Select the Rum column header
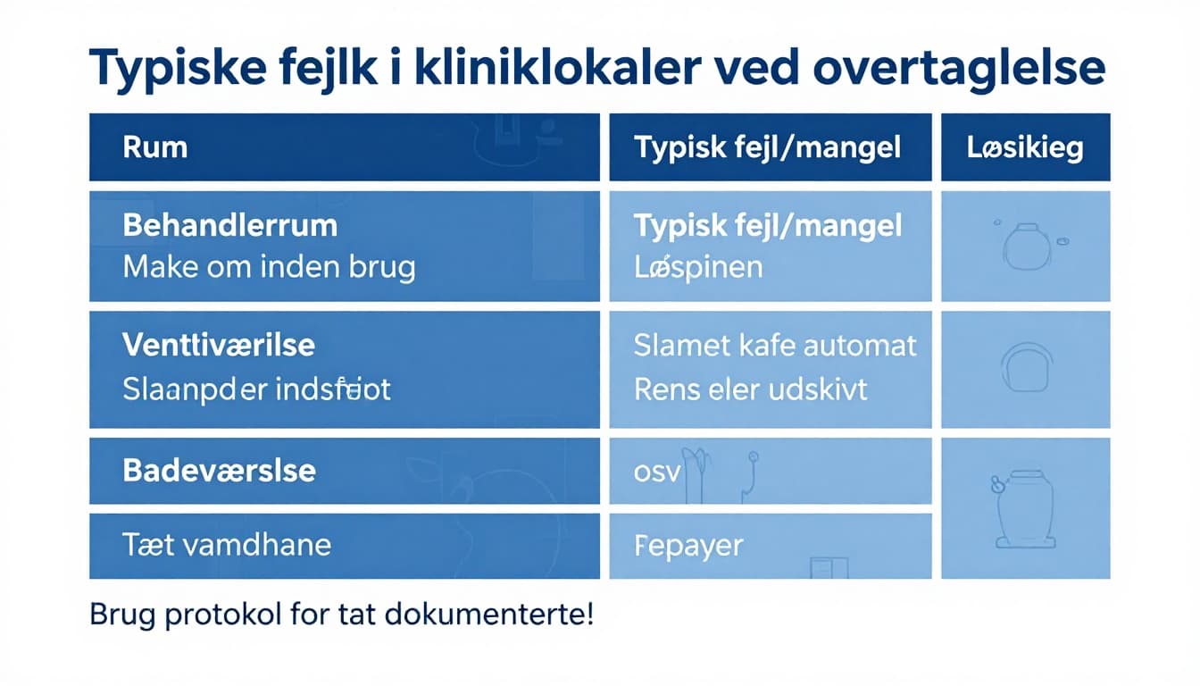(x=155, y=147)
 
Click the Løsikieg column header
(x=1025, y=147)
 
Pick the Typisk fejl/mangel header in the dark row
(x=767, y=147)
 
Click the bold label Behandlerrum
(x=229, y=225)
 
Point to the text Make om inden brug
(x=269, y=267)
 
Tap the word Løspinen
(x=698, y=267)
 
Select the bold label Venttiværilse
(x=219, y=346)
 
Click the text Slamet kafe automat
(x=775, y=346)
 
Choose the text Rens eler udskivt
(x=750, y=390)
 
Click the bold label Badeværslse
(x=219, y=471)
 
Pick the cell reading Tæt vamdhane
(x=227, y=544)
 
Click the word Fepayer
(x=687, y=545)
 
